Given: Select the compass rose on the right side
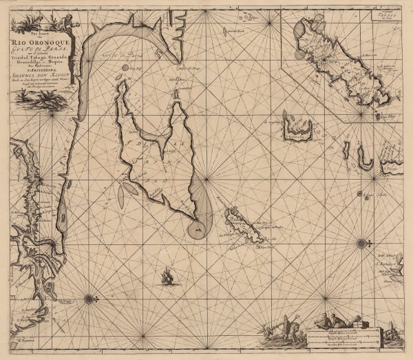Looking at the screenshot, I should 362,242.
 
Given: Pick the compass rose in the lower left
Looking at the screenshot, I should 89,298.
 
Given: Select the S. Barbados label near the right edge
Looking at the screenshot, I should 385,262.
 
